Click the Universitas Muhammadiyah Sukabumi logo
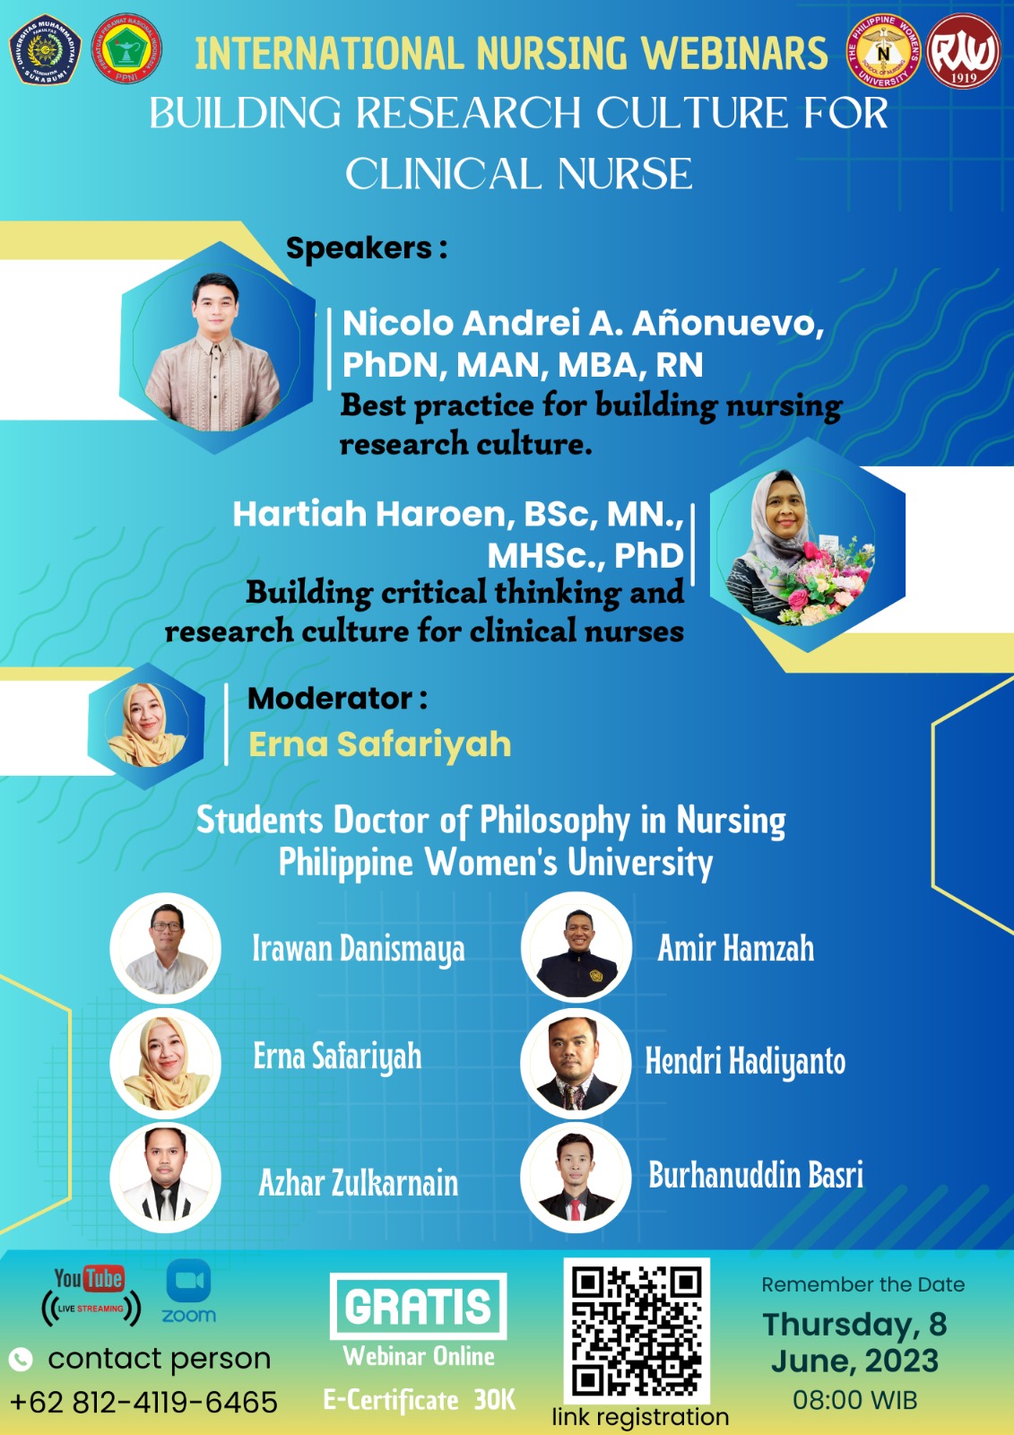46,50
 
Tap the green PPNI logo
126,49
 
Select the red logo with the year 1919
963,51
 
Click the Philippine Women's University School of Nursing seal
884,51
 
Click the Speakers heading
367,248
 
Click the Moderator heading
338,699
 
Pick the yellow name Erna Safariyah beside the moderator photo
380,744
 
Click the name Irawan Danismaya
359,950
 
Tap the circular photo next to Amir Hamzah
576,947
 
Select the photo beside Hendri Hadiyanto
576,1064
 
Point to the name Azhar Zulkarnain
359,1183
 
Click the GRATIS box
419,1306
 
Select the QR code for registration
637,1331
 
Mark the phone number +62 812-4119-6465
144,1402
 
